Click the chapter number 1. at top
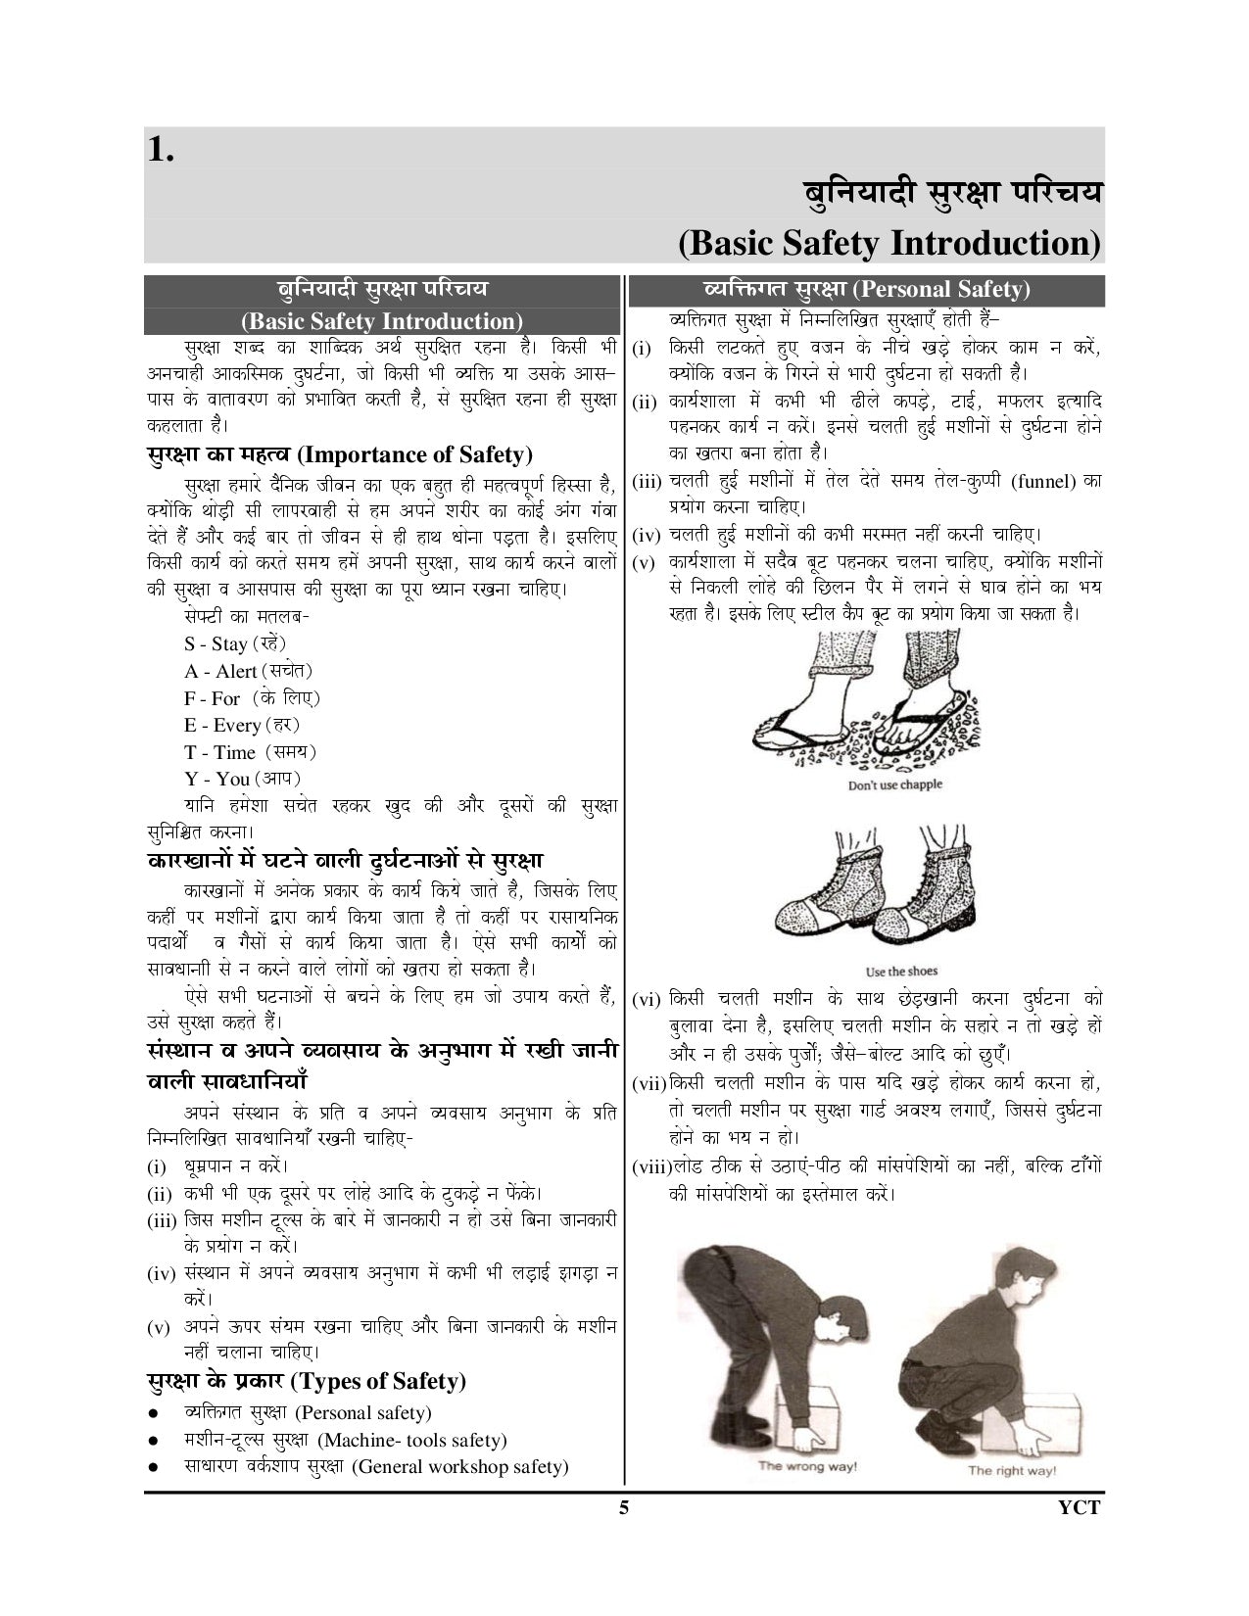(x=162, y=150)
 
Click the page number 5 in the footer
(x=623, y=1507)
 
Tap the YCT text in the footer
(x=1080, y=1507)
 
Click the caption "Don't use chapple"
(x=894, y=784)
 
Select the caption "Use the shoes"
(x=901, y=972)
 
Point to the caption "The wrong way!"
(x=807, y=1466)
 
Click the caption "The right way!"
(x=1012, y=1470)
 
